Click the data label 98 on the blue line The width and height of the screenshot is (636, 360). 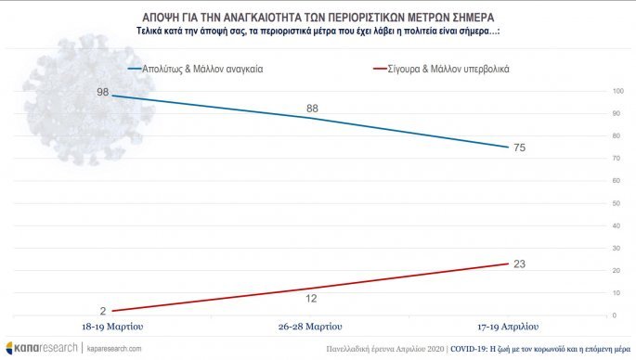pos(103,92)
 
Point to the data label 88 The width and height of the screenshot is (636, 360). pos(312,109)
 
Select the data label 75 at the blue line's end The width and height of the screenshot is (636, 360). pos(520,148)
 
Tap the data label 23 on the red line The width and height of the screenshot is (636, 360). pos(520,264)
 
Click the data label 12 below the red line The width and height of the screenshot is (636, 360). pos(311,299)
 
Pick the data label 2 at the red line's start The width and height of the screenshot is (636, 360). pos(103,311)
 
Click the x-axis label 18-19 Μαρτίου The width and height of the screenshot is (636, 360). pos(112,327)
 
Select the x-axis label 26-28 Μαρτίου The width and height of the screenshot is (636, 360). pos(310,327)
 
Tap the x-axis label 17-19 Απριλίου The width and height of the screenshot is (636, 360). pos(508,327)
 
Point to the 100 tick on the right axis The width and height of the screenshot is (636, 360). pos(617,91)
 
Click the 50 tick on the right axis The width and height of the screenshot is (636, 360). pos(617,203)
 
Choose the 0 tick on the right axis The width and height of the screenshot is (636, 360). pos(615,315)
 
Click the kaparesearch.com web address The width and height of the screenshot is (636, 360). pos(114,349)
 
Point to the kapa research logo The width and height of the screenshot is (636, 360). pos(42,348)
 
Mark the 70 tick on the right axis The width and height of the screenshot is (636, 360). pos(617,159)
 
